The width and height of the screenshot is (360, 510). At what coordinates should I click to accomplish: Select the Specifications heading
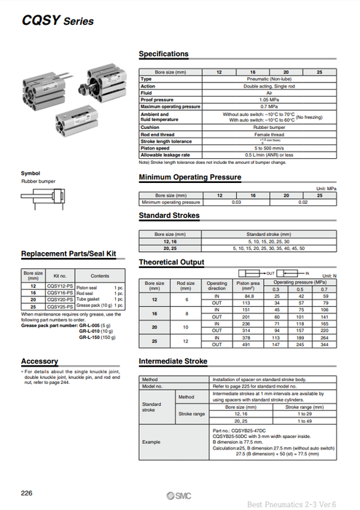pos(163,54)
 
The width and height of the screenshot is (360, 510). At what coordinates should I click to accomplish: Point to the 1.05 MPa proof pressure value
pos(259,99)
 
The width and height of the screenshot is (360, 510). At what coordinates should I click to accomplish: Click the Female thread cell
pos(259,134)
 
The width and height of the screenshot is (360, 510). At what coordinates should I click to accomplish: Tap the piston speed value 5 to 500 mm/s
pos(259,148)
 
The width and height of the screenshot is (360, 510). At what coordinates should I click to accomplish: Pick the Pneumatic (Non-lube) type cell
pos(259,79)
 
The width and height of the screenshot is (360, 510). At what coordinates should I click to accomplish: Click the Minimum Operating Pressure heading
pos(189,177)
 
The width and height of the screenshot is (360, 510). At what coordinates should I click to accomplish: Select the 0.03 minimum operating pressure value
pos(235,202)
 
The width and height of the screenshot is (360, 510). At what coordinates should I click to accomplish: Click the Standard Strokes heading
pos(169,216)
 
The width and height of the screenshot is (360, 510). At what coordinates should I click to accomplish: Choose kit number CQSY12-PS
pos(60,287)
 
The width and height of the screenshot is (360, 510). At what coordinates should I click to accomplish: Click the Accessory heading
pos(39,361)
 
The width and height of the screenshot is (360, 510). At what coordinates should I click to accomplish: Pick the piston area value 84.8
pos(249,296)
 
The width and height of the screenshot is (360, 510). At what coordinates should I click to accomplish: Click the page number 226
pos(27,493)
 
